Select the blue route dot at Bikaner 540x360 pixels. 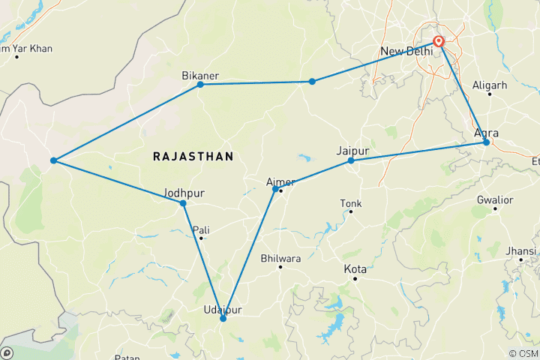[x=200, y=84]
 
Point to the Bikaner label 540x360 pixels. [x=200, y=76]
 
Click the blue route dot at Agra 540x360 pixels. [x=486, y=142]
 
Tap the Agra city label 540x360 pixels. [x=487, y=133]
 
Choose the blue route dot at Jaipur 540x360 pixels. [x=351, y=160]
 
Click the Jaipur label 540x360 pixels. [x=353, y=151]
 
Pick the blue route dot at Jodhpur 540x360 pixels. [x=183, y=203]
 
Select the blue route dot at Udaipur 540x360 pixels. [x=223, y=319]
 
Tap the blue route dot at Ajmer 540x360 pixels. [x=275, y=189]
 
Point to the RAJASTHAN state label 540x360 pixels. [x=193, y=156]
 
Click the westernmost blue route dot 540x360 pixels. [x=53, y=160]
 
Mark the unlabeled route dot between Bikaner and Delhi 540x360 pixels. [x=312, y=81]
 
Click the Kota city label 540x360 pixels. [x=355, y=269]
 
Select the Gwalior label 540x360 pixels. [x=495, y=200]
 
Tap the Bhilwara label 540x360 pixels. [x=280, y=259]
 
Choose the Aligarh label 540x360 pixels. [x=491, y=85]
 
